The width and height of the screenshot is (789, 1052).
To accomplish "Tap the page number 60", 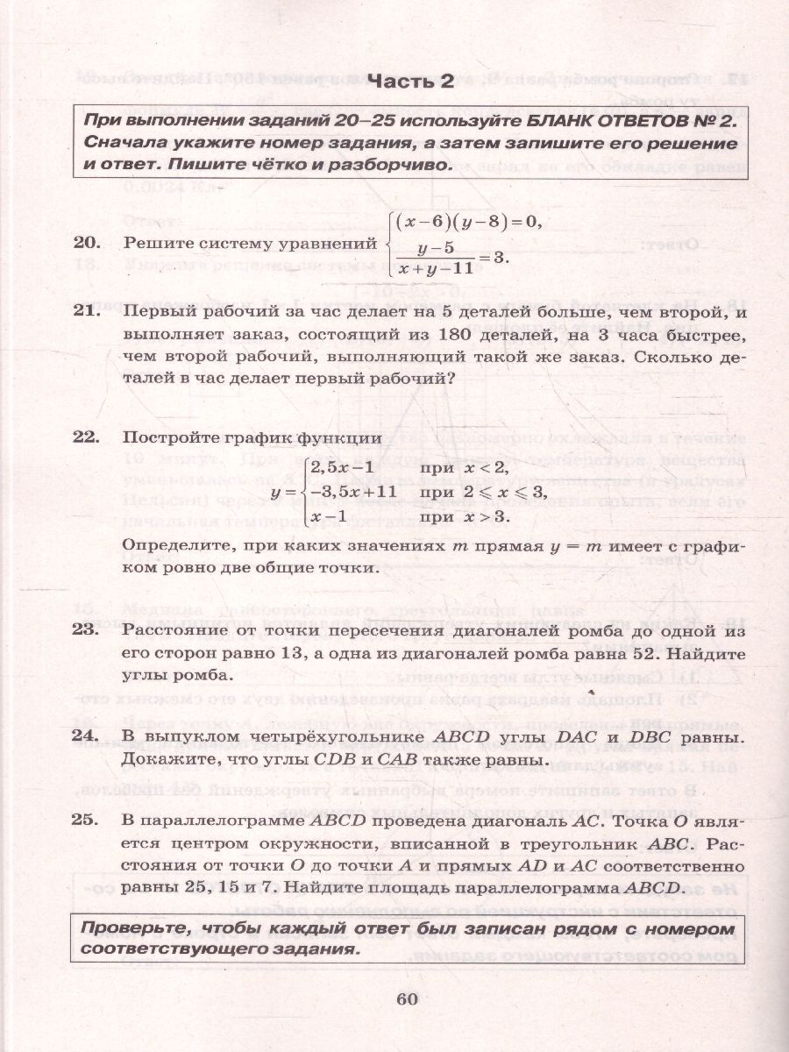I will pos(409,999).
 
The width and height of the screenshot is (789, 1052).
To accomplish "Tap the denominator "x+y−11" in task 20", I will pos(434,269).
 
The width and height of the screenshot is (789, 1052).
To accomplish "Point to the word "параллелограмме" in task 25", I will pos(225,822).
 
